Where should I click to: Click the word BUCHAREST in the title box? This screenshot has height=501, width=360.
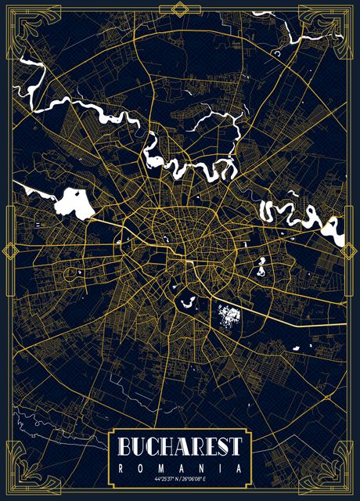click(180, 447)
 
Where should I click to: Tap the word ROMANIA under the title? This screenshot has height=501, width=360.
click(180, 467)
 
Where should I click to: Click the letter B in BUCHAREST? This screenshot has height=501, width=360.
click(125, 447)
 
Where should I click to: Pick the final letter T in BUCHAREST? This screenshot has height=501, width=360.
click(235, 447)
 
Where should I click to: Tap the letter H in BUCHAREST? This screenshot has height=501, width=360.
click(166, 447)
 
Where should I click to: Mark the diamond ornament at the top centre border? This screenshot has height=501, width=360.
click(180, 9)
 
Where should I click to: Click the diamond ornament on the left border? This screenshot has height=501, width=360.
click(9, 250)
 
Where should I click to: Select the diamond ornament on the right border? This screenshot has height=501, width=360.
click(351, 250)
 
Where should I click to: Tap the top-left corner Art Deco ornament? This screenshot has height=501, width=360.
click(22, 23)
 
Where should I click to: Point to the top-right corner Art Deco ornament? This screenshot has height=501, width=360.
click(338, 23)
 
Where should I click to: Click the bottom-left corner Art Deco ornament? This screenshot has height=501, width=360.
click(22, 478)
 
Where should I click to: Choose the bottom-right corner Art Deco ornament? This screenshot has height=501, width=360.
click(338, 478)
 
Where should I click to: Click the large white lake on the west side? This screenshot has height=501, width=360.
click(74, 202)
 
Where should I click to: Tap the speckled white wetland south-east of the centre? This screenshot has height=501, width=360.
click(228, 315)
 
